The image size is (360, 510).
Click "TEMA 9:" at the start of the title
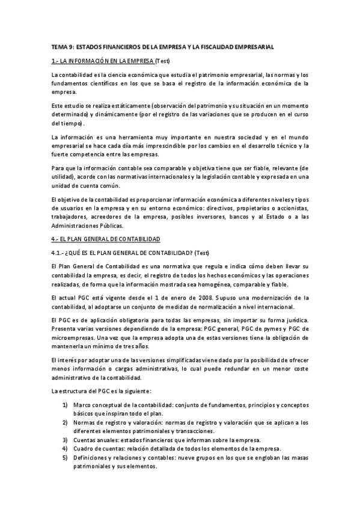(x=61, y=46)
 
